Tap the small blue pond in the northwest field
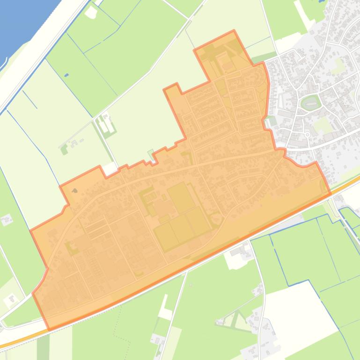coord(66,75)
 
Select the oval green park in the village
coord(310,102)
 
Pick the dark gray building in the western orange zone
coord(75,191)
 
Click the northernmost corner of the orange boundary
coord(234,31)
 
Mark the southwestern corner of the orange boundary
coord(49,329)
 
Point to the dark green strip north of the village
coord(258,59)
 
